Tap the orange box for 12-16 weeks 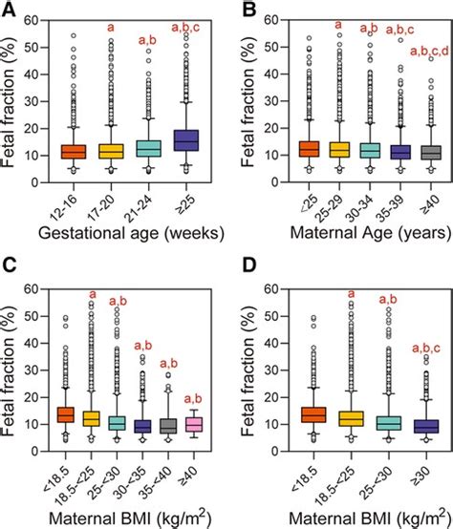[x=74, y=152]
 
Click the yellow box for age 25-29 [x=336, y=150]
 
